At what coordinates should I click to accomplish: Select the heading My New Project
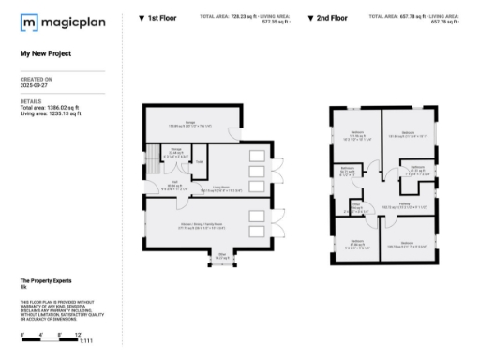[47, 54]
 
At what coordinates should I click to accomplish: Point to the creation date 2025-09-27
[37, 85]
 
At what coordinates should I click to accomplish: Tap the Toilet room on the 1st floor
[200, 161]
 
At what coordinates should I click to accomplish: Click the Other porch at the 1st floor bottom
[221, 254]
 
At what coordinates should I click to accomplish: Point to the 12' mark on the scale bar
[81, 333]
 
